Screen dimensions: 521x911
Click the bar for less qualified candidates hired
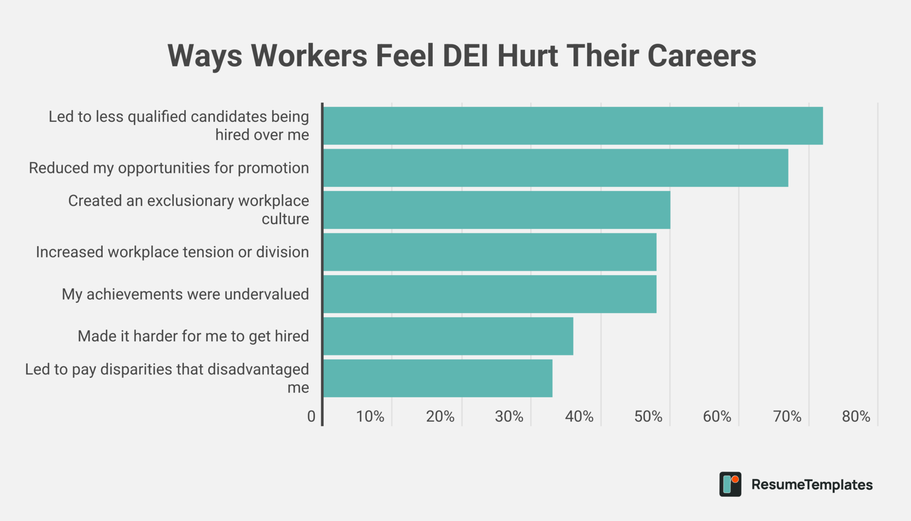pyautogui.click(x=572, y=126)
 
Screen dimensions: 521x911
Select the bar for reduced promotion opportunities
pyautogui.click(x=555, y=168)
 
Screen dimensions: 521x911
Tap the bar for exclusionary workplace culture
pyautogui.click(x=496, y=210)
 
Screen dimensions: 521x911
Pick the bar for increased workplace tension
pyautogui.click(x=489, y=252)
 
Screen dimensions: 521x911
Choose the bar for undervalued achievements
pyautogui.click(x=489, y=294)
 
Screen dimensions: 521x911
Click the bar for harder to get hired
pyautogui.click(x=448, y=336)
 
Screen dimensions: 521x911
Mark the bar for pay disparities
pyautogui.click(x=438, y=378)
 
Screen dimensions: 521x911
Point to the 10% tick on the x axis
pyautogui.click(x=370, y=417)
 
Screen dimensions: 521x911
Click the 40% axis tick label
pyautogui.click(x=579, y=417)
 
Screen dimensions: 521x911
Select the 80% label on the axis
pyautogui.click(x=856, y=417)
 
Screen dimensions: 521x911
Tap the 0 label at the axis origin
pyautogui.click(x=311, y=417)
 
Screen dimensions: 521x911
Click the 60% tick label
pyautogui.click(x=717, y=417)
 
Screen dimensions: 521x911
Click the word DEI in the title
pyautogui.click(x=466, y=56)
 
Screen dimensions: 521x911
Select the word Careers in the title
pyautogui.click(x=701, y=56)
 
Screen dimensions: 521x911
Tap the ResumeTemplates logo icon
pyautogui.click(x=730, y=484)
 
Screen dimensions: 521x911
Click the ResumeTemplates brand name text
pyautogui.click(x=812, y=485)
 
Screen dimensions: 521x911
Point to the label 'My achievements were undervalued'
pyautogui.click(x=185, y=294)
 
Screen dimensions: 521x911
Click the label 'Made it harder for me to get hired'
pyautogui.click(x=193, y=336)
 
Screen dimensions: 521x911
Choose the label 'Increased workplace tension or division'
pyautogui.click(x=172, y=252)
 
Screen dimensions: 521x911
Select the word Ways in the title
pyautogui.click(x=205, y=56)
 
